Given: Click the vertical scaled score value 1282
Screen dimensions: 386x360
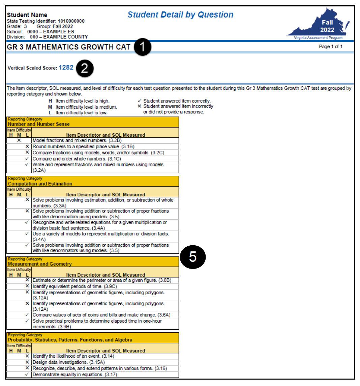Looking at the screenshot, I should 66,67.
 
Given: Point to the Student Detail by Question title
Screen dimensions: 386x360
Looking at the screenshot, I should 180,15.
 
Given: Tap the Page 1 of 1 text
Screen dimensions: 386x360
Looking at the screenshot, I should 330,47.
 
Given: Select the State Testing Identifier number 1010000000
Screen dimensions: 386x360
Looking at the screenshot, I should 71,21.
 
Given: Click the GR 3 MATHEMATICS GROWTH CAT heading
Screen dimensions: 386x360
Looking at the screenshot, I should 68,47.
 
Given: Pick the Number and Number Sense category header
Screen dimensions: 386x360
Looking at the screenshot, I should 39,124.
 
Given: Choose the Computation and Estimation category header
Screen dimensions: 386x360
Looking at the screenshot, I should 40,184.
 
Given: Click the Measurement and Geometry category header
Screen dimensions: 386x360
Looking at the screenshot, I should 40,264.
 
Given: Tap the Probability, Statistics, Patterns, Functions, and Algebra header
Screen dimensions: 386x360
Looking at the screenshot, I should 70,340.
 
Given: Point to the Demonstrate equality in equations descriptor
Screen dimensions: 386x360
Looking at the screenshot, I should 74,375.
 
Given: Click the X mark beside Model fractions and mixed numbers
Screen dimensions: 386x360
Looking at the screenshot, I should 19,140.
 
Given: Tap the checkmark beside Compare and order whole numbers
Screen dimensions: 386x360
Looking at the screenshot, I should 27,159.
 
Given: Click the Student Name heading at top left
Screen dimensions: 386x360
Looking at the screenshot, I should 27,15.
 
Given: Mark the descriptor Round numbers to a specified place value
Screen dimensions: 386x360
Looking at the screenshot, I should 83,146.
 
